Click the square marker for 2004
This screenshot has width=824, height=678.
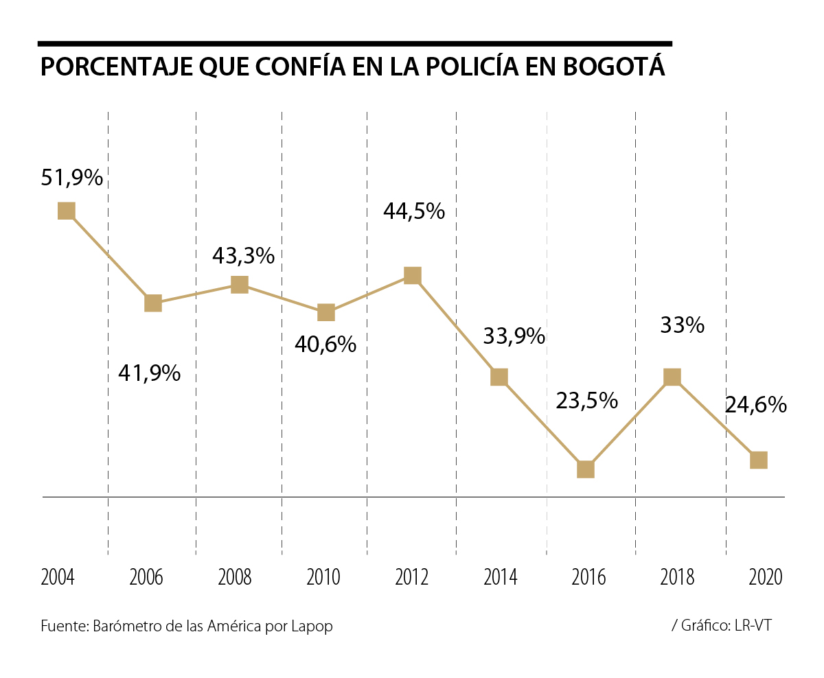point(66,211)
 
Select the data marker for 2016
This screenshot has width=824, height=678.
point(585,469)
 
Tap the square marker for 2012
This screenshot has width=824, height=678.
point(412,275)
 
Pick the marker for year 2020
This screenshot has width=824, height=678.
point(758,460)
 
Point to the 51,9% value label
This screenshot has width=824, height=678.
point(72,178)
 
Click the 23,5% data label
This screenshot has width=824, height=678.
point(586,400)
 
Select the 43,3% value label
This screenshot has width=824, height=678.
point(243,256)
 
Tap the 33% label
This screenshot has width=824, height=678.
point(682,325)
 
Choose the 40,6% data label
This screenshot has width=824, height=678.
point(325,344)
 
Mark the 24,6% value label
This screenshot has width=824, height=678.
point(755,405)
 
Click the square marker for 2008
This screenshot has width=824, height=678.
point(239,284)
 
